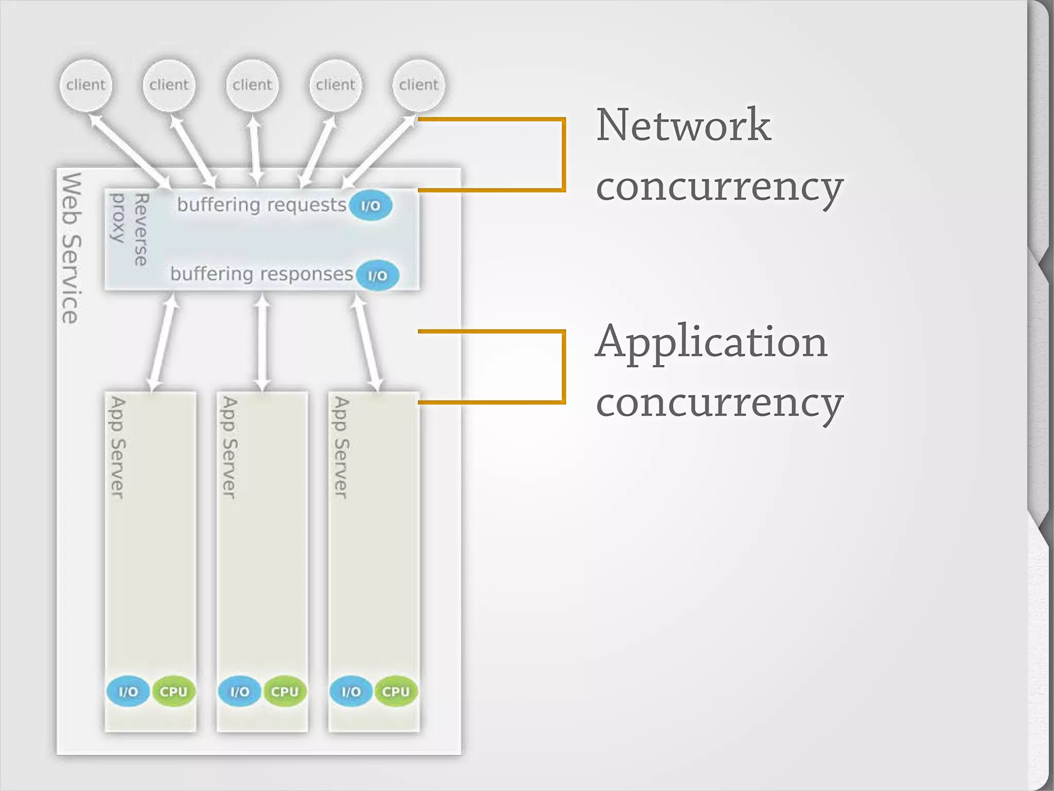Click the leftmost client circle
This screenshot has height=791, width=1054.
85,85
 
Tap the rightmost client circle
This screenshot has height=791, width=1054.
418,85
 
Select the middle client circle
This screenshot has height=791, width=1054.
252,85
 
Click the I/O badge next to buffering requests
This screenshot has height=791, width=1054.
371,205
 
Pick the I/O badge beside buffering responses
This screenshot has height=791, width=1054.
377,275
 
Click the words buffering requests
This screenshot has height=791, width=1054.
261,205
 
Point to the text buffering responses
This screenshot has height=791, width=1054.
261,274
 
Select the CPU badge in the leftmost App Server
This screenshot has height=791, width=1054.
173,691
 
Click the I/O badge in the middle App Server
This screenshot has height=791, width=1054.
239,691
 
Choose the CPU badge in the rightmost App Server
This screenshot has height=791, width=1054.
396,691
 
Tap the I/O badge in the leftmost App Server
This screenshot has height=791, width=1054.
128,691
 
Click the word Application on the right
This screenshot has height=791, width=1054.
711,342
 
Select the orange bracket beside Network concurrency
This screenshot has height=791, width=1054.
564,154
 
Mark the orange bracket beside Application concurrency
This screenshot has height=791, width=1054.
564,367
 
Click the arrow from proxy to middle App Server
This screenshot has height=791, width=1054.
262,342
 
